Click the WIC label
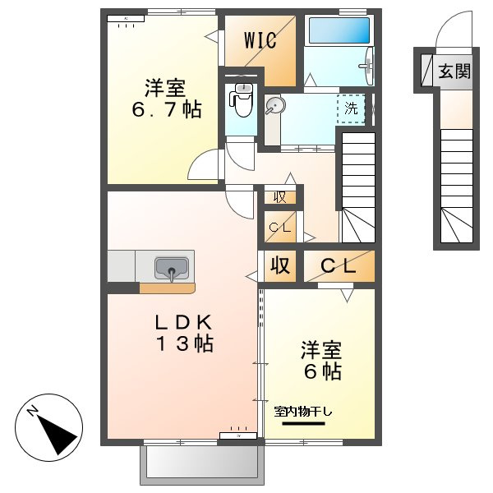point(260,40)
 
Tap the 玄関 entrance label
point(454,71)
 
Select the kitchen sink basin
point(172,268)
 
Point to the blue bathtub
point(339,30)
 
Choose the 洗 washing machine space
point(351,108)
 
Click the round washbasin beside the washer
point(274,104)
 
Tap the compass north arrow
point(58,435)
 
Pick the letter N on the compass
point(32,412)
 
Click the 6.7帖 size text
point(167,110)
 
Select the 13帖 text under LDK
point(184,343)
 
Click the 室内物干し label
point(302,412)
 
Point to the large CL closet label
point(339,266)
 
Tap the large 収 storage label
point(280,265)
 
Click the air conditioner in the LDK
point(238,435)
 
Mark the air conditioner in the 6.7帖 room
point(126,19)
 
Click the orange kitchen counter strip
point(168,288)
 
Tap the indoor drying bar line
point(303,423)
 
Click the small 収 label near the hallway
point(280,197)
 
